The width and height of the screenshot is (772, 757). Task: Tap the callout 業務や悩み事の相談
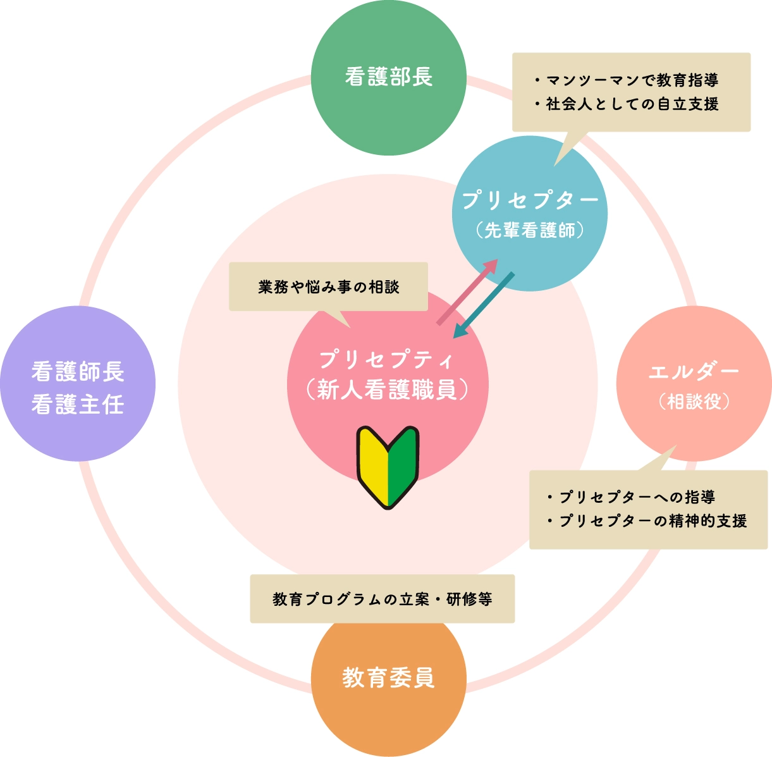coord(328,287)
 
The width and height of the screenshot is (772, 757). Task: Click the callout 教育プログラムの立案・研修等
coord(382,599)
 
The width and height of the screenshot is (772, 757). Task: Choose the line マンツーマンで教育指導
coord(632,80)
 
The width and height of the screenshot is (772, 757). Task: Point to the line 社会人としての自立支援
coord(632,104)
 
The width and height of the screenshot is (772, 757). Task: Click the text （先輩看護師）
coord(530,230)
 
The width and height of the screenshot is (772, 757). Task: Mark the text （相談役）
coord(694,401)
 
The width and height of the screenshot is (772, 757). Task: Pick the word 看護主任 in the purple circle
coord(78,404)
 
